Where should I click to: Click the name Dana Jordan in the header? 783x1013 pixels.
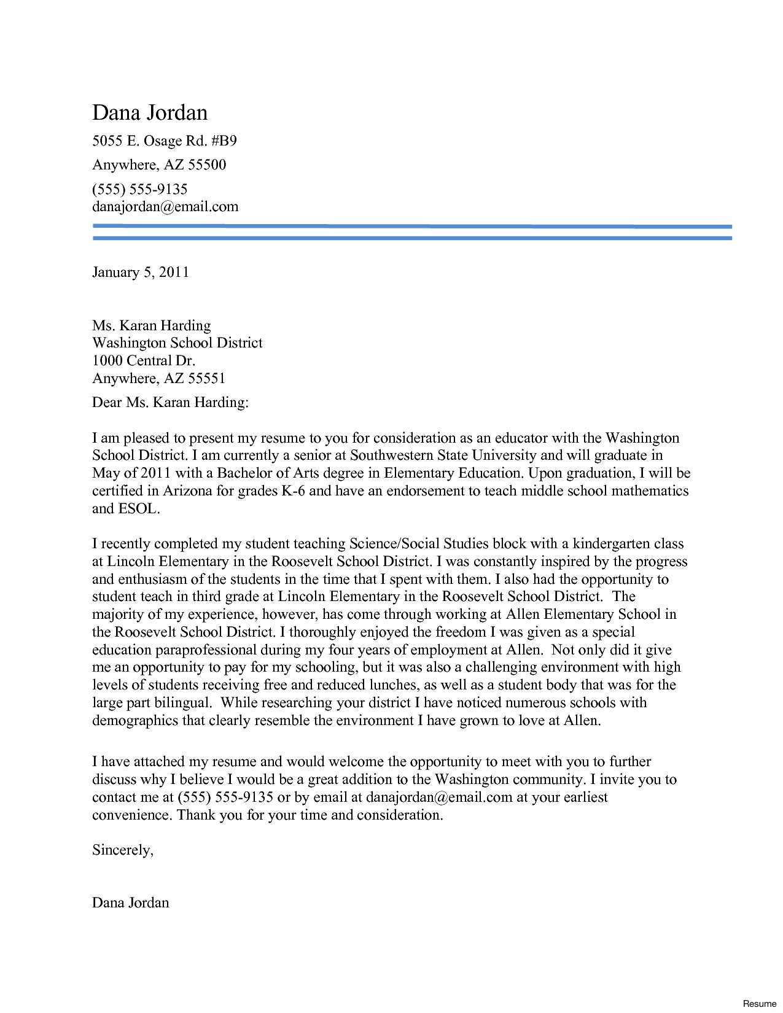click(150, 113)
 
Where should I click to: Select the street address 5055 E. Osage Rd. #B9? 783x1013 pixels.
click(164, 141)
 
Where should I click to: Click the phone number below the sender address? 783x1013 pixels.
click(139, 189)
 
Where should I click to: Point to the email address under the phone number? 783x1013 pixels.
click(165, 206)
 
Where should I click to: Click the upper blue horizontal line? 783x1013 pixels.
click(411, 227)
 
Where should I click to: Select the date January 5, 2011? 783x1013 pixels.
click(140, 272)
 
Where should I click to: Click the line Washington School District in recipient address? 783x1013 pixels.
click(177, 343)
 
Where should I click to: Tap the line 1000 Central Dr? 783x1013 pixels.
click(143, 360)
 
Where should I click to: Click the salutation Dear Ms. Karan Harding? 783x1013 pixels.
click(170, 403)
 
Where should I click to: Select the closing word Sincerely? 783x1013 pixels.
click(122, 850)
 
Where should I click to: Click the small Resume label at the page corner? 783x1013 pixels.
click(760, 1003)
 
